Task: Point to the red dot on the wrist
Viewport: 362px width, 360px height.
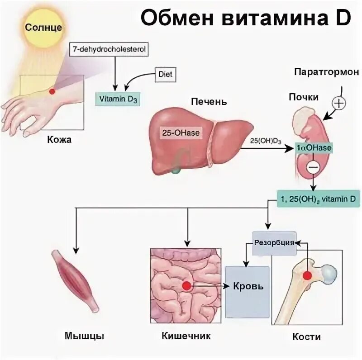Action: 52,91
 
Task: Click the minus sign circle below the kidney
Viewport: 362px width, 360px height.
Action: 313,167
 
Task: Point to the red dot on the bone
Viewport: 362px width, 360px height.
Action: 308,275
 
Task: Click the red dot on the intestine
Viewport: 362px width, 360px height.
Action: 186,285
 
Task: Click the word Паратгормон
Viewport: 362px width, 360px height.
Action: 326,72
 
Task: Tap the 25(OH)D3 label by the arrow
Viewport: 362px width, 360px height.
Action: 266,141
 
